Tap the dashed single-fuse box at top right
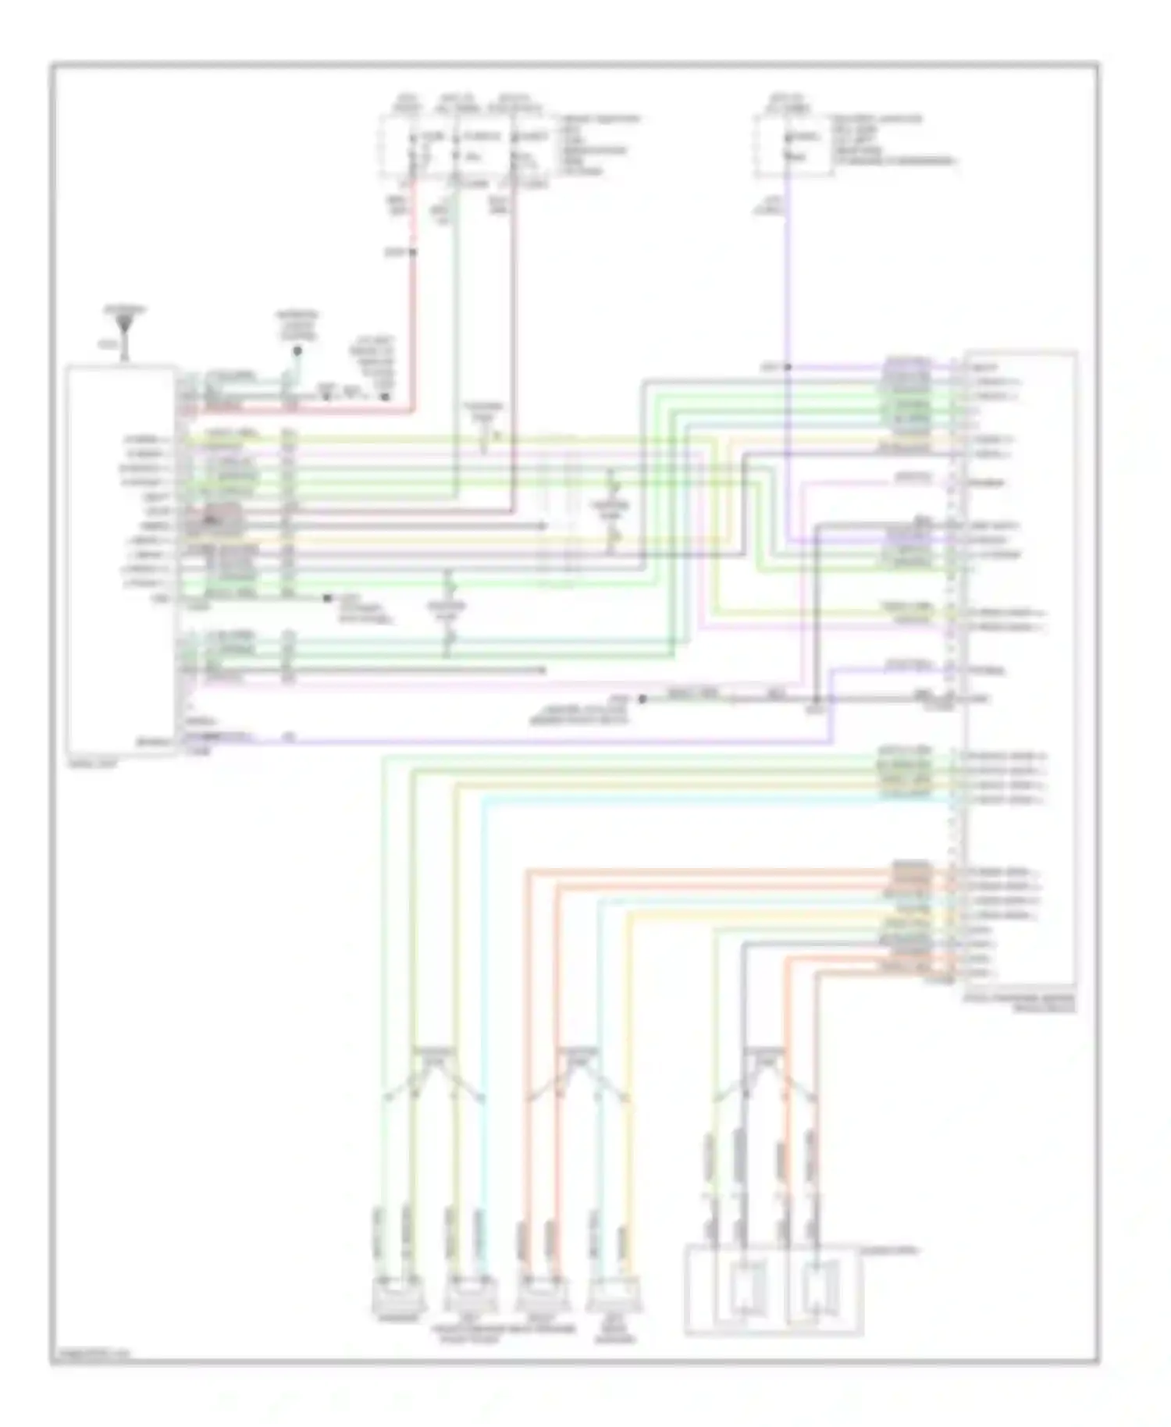[x=792, y=146]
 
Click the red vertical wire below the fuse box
[x=413, y=312]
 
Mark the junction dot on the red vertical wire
[x=413, y=252]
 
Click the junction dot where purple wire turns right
[x=787, y=366]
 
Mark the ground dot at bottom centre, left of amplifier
[x=642, y=699]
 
